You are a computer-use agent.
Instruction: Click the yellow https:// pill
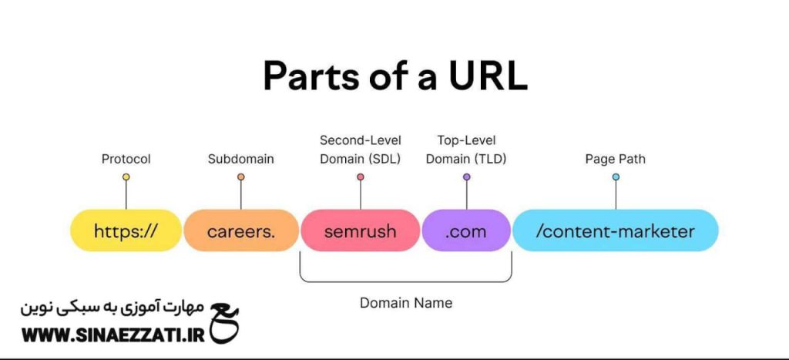[126, 230]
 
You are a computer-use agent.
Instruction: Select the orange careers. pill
[241, 230]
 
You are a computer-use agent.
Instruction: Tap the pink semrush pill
[361, 230]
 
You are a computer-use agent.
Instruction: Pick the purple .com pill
[466, 230]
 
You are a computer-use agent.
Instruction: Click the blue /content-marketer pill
[616, 230]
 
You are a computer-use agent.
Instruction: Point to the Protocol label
[126, 160]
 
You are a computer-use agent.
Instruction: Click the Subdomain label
[241, 160]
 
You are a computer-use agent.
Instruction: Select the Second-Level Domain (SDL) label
[361, 150]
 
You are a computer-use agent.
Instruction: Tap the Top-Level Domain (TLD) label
[466, 150]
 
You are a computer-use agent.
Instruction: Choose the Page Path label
[616, 160]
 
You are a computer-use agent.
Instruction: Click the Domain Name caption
[406, 303]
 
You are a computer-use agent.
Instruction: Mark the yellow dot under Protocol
[126, 177]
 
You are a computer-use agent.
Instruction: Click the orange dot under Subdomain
[241, 177]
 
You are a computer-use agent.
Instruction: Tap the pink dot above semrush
[361, 177]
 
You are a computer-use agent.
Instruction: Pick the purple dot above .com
[466, 177]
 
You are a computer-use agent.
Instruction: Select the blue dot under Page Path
[616, 177]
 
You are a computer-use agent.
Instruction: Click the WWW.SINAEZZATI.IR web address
[112, 335]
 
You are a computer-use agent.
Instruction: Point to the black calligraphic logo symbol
[224, 323]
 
